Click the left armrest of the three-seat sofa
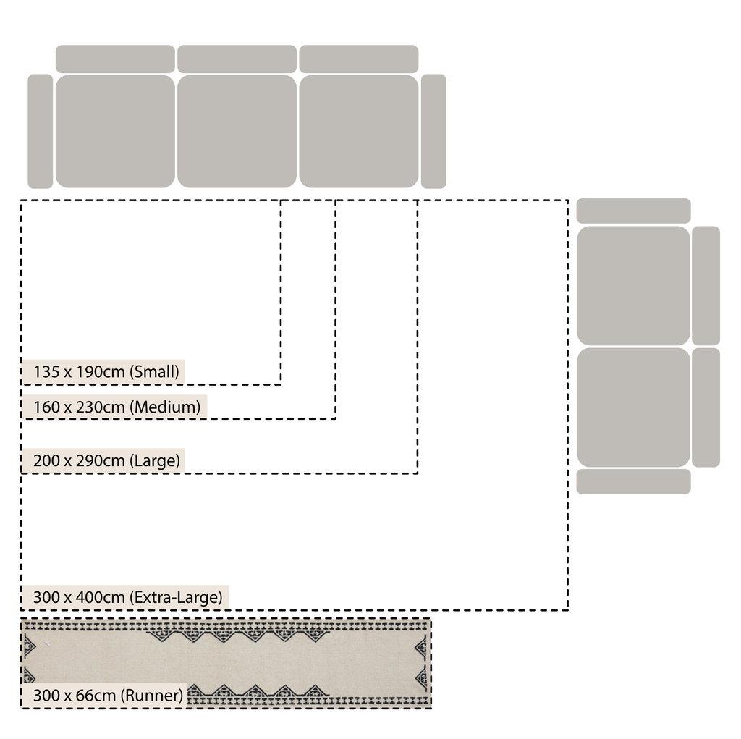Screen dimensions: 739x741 pyautogui.click(x=41, y=131)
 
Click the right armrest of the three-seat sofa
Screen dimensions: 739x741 pyautogui.click(x=433, y=131)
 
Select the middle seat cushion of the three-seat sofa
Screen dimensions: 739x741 pyautogui.click(x=237, y=131)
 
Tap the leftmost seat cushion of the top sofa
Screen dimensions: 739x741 pyautogui.click(x=115, y=131)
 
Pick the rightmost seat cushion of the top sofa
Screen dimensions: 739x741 pyautogui.click(x=359, y=131)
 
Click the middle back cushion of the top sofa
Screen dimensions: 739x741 pyautogui.click(x=237, y=59)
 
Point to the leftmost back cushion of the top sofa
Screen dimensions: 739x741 pyautogui.click(x=115, y=59)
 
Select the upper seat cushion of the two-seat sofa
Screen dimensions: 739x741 pyautogui.click(x=633, y=285)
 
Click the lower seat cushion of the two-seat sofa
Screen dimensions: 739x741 pyautogui.click(x=633, y=407)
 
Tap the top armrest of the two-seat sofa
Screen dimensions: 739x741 pyautogui.click(x=633, y=211)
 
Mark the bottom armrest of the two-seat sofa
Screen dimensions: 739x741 pyautogui.click(x=633, y=481)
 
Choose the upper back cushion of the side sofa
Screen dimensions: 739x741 pyautogui.click(x=706, y=285)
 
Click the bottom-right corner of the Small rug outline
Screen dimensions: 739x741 pyautogui.click(x=281, y=384)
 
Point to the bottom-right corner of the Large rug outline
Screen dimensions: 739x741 pyautogui.click(x=418, y=473)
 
